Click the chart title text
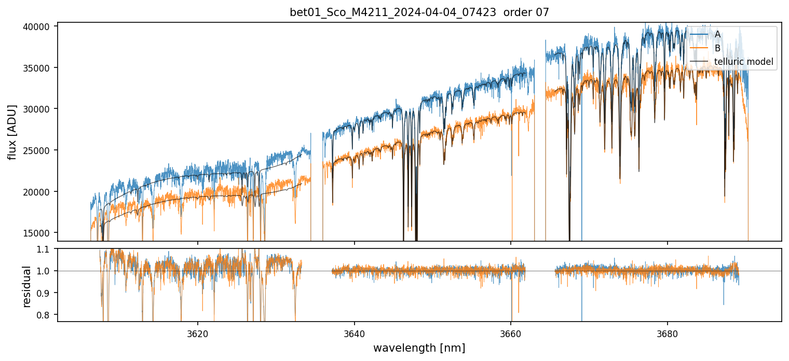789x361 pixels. click(x=419, y=12)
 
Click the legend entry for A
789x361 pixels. click(x=717, y=34)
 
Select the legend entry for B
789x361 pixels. click(x=717, y=48)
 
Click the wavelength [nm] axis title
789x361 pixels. click(x=419, y=348)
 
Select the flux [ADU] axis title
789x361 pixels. click(x=12, y=132)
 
